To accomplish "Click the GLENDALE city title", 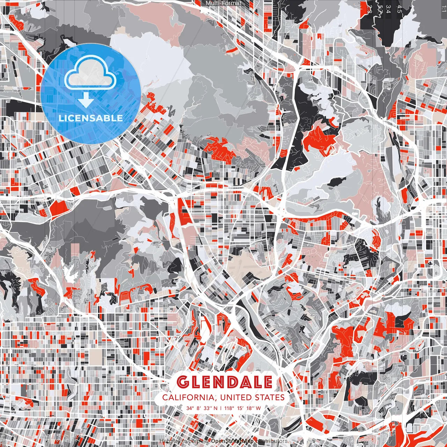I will pyautogui.click(x=225, y=382).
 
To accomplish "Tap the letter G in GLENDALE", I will pyautogui.click(x=183, y=382).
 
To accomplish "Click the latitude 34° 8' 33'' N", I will pyautogui.click(x=202, y=408).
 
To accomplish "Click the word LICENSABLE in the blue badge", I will pyautogui.click(x=91, y=118).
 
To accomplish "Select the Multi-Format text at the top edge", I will pyautogui.click(x=223, y=3).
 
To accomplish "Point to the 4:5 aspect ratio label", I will pyautogui.click(x=399, y=9).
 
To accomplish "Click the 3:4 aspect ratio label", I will pyautogui.click(x=390, y=9).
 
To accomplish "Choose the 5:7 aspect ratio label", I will pyautogui.click(x=380, y=9).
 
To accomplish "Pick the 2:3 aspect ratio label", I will pyautogui.click(x=370, y=9).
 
